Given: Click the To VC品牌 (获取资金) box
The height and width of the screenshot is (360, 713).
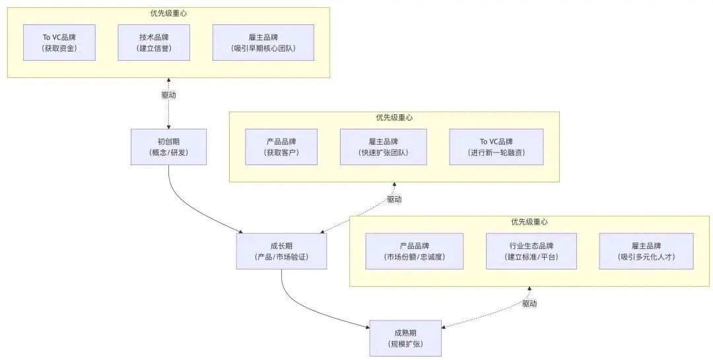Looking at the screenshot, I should (59, 42).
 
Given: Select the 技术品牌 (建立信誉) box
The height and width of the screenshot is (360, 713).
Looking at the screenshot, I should (154, 42).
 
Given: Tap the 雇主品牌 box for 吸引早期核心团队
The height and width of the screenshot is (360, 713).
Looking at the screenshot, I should (263, 42).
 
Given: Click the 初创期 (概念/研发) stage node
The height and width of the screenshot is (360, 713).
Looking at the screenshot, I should (168, 147).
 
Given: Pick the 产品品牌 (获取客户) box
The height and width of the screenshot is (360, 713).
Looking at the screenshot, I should (281, 147).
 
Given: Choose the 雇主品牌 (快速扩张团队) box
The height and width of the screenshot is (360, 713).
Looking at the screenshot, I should (383, 147).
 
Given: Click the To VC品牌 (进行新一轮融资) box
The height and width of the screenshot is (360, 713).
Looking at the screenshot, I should (496, 147).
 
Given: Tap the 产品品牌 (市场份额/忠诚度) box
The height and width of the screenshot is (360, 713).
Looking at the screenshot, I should (414, 251).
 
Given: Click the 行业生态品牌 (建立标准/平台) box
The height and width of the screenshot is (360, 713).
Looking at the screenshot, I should (531, 251).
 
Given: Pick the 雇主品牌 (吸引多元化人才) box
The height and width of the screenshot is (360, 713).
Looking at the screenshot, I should (646, 251).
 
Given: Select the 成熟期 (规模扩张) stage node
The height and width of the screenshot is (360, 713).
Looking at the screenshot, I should (405, 338).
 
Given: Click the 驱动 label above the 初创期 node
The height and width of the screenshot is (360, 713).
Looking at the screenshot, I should (169, 95).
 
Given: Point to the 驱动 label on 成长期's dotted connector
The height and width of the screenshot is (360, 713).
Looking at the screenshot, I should (394, 199).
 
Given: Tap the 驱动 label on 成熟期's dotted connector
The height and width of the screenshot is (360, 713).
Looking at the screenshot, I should (529, 303).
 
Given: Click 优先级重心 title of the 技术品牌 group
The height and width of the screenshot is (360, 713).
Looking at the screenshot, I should (168, 13).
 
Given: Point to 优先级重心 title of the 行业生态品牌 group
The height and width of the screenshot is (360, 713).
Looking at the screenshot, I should (529, 222).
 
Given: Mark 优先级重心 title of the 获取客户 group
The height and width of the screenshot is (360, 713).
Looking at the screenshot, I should (394, 118).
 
